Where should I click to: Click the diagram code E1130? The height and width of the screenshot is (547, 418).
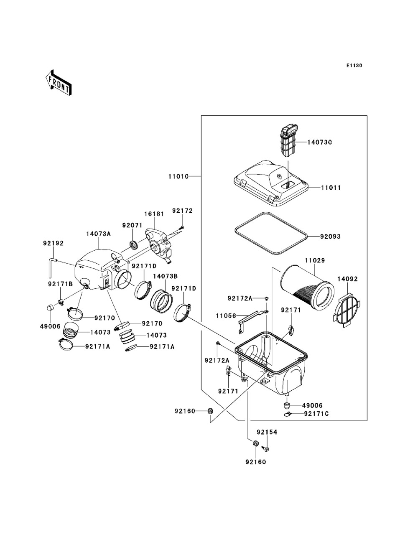point(354,66)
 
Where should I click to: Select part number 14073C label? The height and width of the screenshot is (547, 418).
point(319,142)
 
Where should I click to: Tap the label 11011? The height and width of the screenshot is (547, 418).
point(331,188)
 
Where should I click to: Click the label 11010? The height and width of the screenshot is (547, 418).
point(178,176)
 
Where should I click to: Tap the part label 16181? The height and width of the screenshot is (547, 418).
point(154,214)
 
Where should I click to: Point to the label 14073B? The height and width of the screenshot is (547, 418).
point(165,276)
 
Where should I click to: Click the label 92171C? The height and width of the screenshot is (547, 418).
point(316,413)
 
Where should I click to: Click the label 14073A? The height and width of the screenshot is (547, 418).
point(99,234)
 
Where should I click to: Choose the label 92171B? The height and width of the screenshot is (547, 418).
point(60,284)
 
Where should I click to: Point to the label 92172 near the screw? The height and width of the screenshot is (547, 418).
point(182,211)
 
